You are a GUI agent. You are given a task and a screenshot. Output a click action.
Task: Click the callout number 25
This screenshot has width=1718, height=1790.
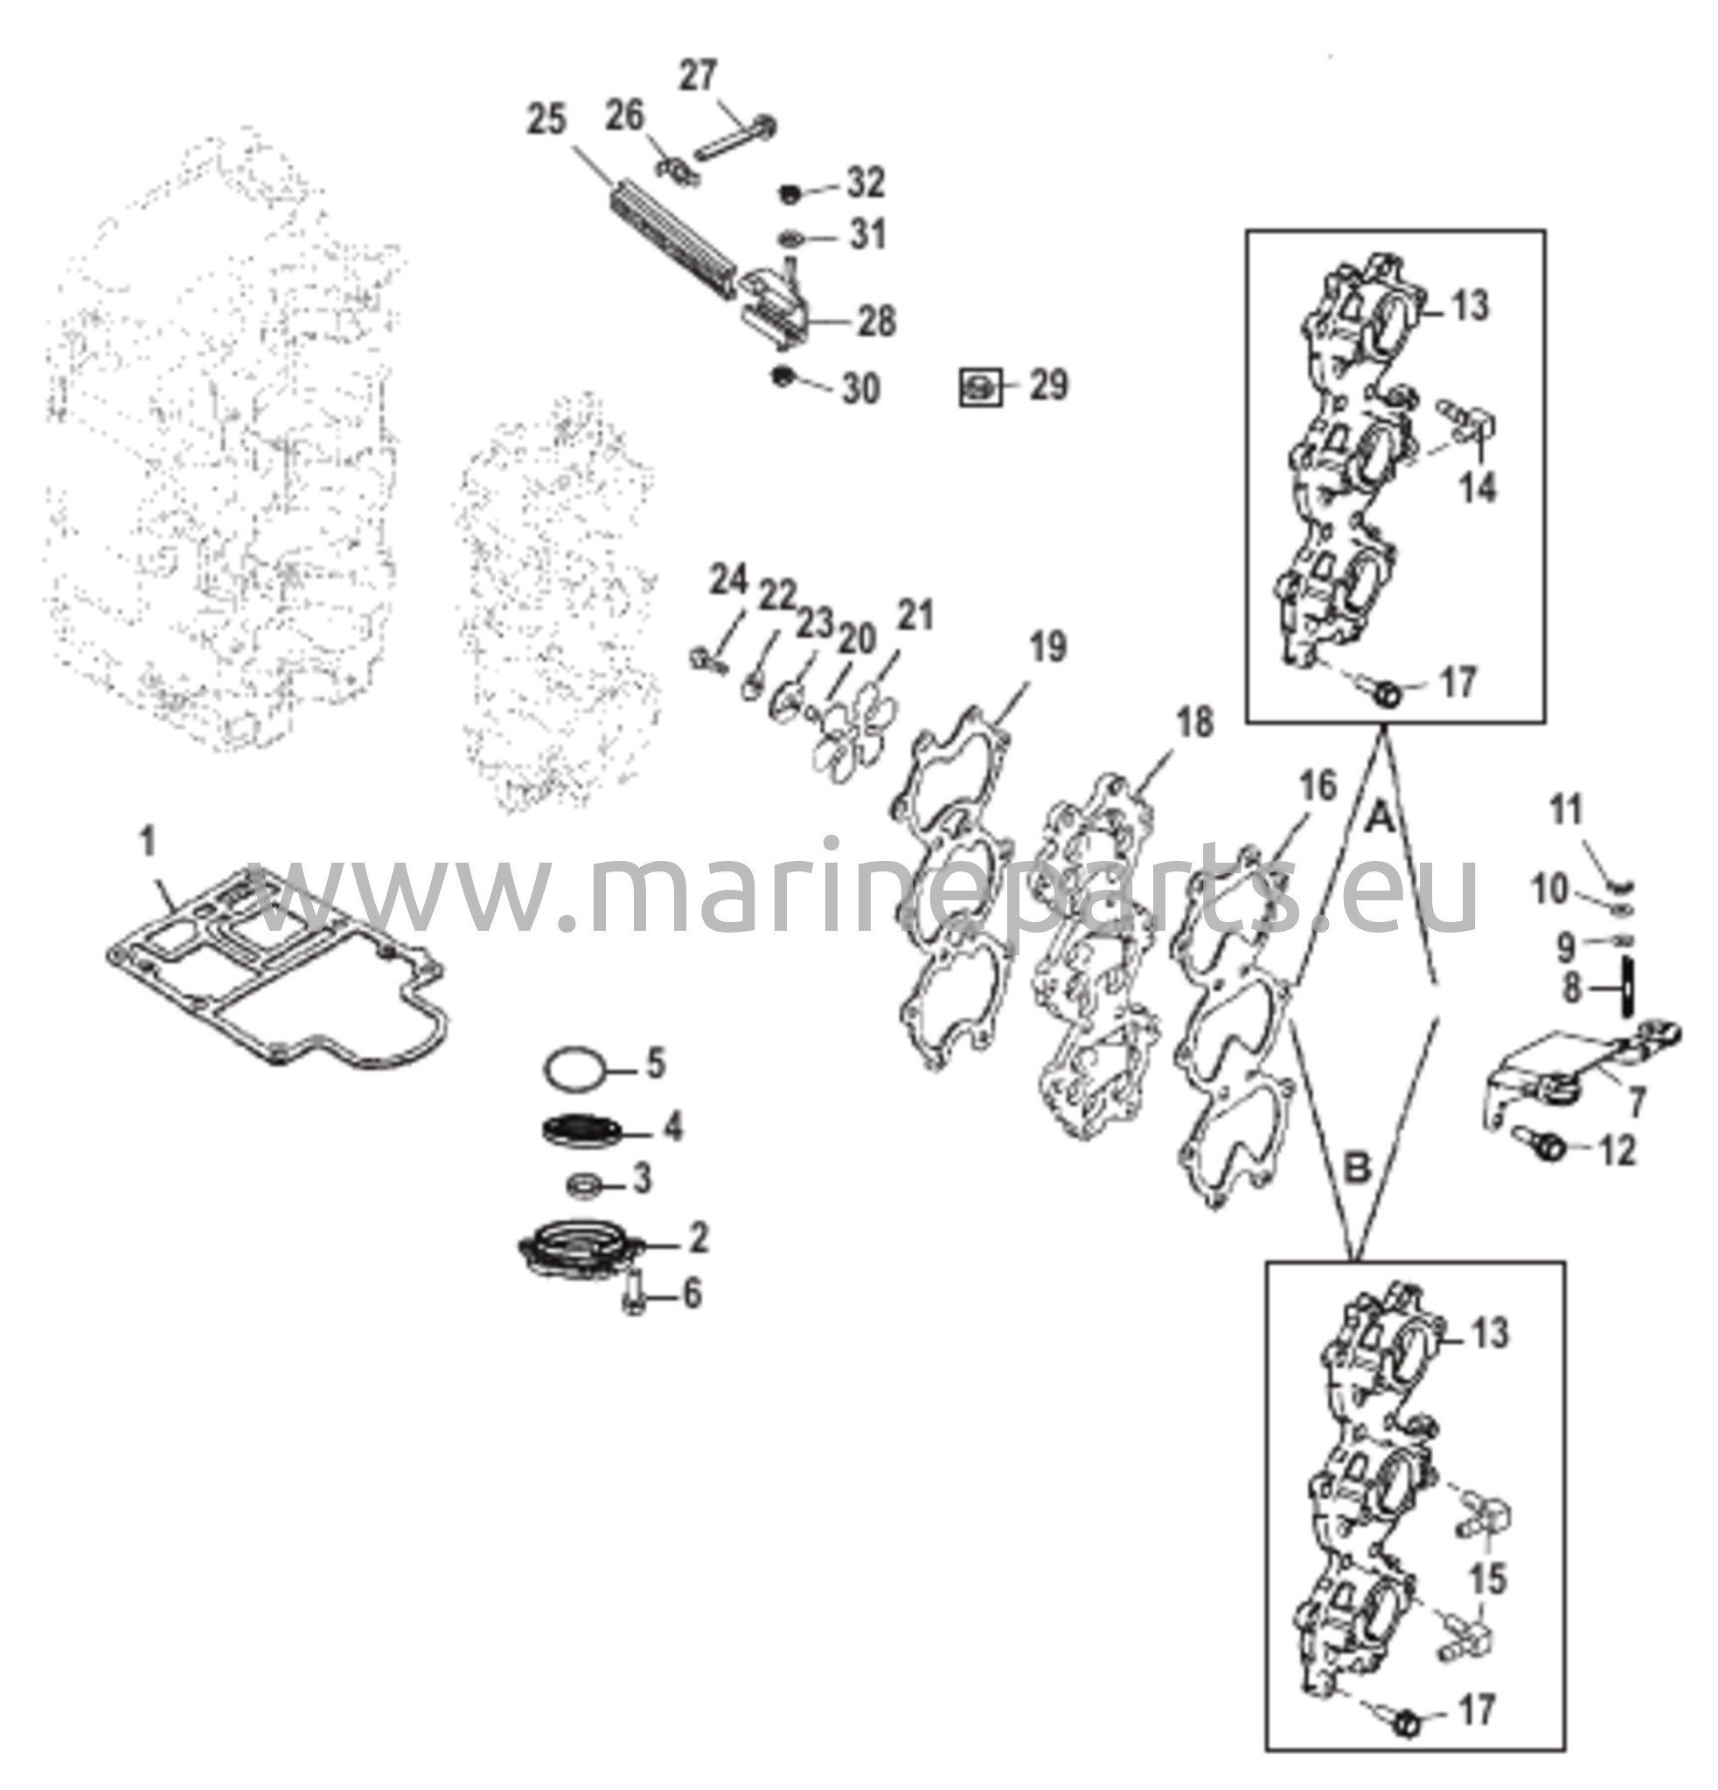546,120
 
